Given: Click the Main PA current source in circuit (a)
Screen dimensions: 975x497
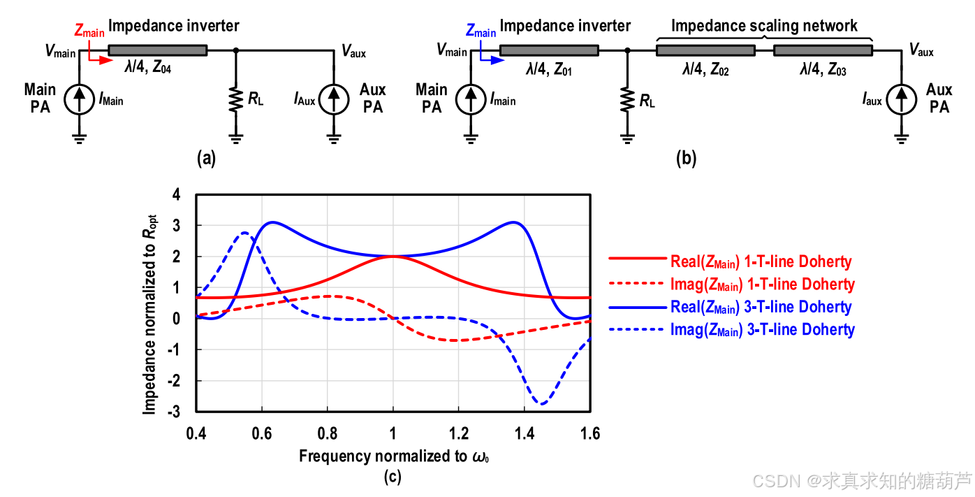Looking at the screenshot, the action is pyautogui.click(x=79, y=100).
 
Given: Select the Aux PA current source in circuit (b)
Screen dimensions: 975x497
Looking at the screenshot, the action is pyautogui.click(x=902, y=100).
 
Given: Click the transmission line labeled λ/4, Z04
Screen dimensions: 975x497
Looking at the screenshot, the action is pyautogui.click(x=158, y=50).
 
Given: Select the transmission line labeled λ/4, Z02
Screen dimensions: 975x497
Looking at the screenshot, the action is pyautogui.click(x=705, y=50).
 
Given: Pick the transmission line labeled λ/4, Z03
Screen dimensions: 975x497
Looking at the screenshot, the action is pyautogui.click(x=823, y=50).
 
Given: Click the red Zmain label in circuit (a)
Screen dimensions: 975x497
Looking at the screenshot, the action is pyautogui.click(x=89, y=31).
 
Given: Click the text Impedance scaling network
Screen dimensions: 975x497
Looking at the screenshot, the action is pyautogui.click(x=764, y=26).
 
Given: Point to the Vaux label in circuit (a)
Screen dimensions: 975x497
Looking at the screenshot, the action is pyautogui.click(x=353, y=52).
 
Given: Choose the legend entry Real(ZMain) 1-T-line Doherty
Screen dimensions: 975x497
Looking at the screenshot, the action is pyautogui.click(x=730, y=261).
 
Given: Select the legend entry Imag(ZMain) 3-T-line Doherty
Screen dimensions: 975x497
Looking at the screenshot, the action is pyautogui.click(x=732, y=329).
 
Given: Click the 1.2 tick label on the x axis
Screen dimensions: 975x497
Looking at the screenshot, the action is pyautogui.click(x=459, y=433).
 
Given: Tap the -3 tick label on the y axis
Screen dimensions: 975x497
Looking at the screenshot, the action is pyautogui.click(x=174, y=412).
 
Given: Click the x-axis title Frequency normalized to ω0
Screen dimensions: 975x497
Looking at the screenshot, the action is pyautogui.click(x=394, y=456).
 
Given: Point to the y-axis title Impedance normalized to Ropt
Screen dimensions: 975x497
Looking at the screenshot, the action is pyautogui.click(x=149, y=315).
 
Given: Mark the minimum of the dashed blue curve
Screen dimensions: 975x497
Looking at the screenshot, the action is pyautogui.click(x=541, y=404).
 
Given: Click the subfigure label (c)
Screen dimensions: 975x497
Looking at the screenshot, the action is pyautogui.click(x=393, y=477).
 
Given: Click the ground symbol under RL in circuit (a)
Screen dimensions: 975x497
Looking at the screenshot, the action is pyautogui.click(x=236, y=139).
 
